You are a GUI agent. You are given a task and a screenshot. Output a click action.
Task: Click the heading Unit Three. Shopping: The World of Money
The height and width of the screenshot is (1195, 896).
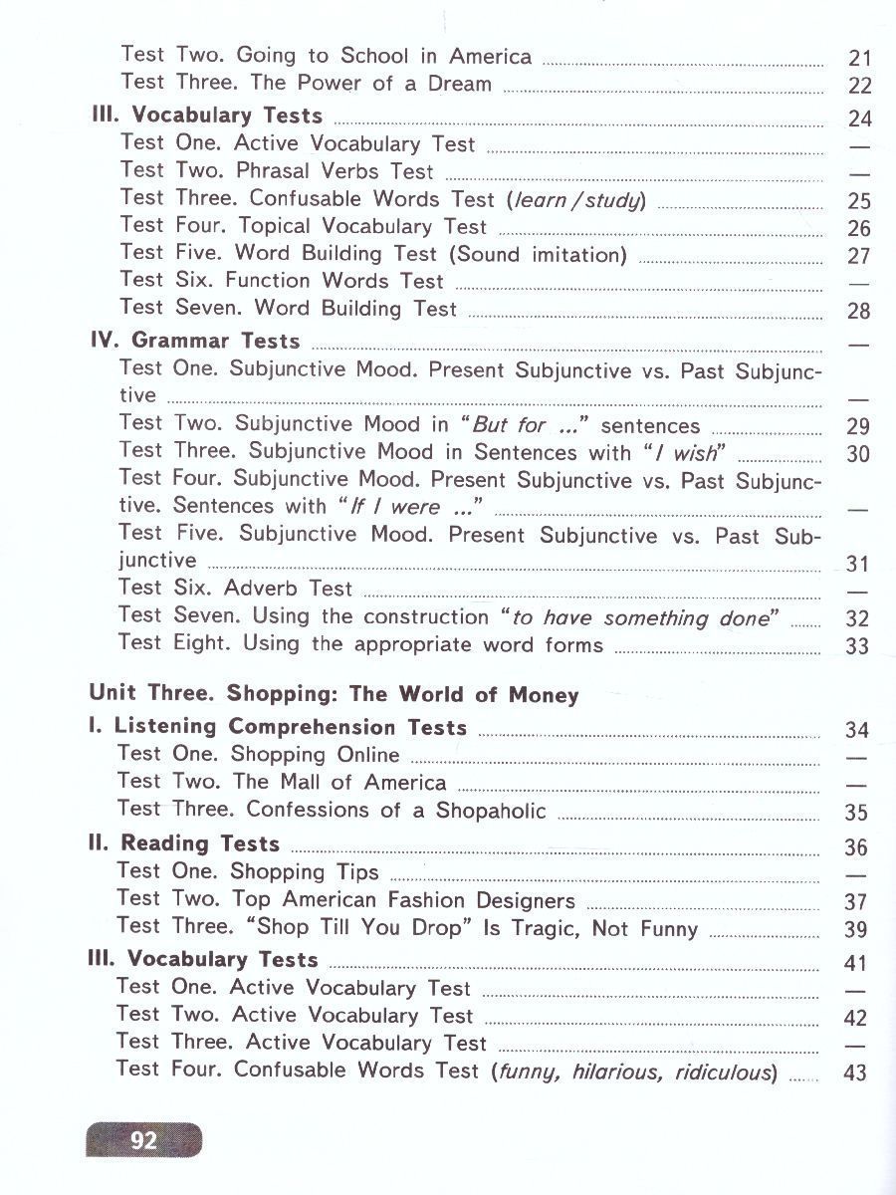pos(334,694)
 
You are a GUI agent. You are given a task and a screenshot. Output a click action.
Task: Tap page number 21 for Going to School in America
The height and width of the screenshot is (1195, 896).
pos(858,58)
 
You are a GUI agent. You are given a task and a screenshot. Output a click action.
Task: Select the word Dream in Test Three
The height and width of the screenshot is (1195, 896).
pos(460,84)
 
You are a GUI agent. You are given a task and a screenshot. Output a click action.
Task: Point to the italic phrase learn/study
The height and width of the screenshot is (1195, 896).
pos(576,199)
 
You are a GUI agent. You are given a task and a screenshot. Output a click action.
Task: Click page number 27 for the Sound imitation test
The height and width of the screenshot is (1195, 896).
pos(858,256)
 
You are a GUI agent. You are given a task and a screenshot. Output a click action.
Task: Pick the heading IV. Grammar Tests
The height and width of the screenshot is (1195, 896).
pos(194,341)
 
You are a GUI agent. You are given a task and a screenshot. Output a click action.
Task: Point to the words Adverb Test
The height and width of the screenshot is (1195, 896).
pos(288,589)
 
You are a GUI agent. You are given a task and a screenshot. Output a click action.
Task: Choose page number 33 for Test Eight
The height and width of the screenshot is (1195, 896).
pos(856,646)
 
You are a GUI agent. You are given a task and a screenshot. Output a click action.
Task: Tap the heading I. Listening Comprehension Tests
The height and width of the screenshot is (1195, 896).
pos(278,727)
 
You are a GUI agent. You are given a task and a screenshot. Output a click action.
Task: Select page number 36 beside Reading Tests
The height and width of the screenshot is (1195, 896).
pos(856,847)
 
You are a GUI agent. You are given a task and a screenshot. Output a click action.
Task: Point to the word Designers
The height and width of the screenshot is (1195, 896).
pos(524,900)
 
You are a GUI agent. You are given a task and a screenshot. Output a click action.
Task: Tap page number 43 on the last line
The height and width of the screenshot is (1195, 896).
pos(855,1073)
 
